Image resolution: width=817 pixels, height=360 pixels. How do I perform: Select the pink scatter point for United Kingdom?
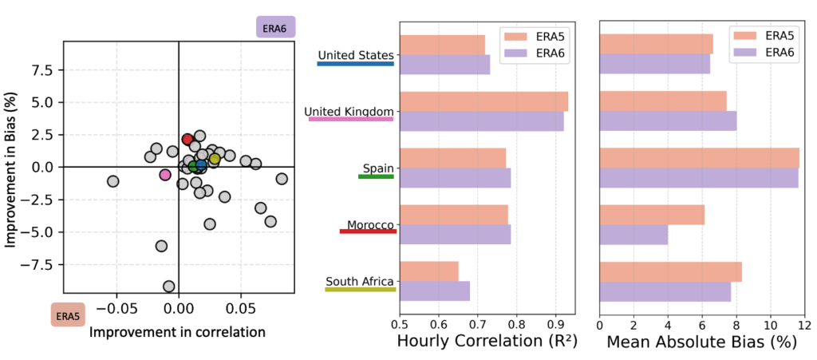165,175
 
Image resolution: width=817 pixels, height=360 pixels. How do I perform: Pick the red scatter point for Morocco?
187,140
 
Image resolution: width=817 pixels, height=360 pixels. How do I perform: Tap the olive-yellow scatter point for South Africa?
215,159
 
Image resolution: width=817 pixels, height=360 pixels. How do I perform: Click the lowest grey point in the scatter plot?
168,286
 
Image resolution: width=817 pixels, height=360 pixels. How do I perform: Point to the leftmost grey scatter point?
113,181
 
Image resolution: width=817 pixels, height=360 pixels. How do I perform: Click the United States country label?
355,55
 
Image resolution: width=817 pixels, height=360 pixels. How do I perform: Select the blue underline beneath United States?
355,63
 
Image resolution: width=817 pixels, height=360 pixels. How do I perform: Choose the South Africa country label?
360,282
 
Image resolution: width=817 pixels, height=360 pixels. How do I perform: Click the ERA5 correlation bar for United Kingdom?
483,101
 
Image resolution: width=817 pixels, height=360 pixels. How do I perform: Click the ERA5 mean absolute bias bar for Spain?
699,158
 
